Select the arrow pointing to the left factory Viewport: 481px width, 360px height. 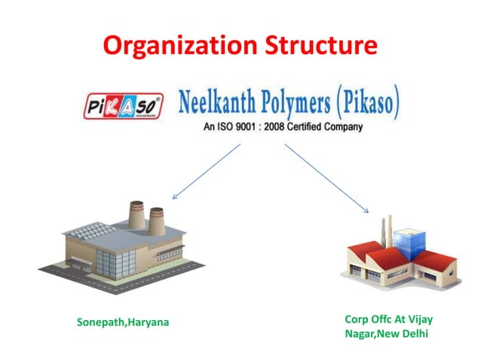tap(207, 171)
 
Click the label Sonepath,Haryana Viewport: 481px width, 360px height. tap(123, 322)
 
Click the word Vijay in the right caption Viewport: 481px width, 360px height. tap(418, 319)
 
